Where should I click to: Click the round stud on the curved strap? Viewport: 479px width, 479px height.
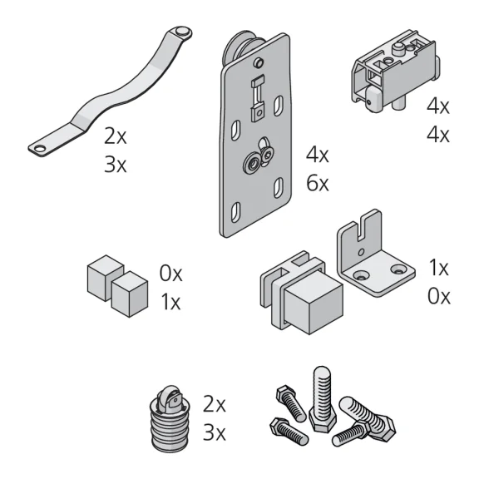click(x=182, y=32)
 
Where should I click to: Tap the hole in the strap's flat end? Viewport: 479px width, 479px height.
click(x=40, y=149)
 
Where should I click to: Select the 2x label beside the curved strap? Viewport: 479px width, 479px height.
click(x=115, y=136)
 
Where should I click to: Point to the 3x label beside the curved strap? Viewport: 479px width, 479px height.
click(x=115, y=165)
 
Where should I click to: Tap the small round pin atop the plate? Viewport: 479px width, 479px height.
click(x=259, y=62)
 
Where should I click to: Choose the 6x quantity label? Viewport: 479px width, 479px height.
click(x=318, y=183)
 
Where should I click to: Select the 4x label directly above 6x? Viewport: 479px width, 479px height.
click(x=318, y=155)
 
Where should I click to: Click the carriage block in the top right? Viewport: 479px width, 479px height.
click(x=396, y=71)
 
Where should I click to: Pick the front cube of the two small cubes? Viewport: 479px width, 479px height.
click(x=130, y=294)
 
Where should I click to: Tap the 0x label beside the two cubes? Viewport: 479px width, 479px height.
click(x=170, y=274)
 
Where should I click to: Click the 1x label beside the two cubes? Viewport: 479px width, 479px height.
click(x=170, y=302)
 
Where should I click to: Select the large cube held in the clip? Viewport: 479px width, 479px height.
click(x=314, y=303)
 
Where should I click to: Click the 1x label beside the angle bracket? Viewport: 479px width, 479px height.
click(x=439, y=268)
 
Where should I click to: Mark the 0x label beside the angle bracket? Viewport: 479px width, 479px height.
click(x=439, y=296)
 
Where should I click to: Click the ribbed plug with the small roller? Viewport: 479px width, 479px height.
click(x=170, y=418)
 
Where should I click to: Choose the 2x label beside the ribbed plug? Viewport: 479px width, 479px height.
click(x=215, y=404)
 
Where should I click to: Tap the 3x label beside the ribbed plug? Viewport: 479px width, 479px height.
click(x=215, y=433)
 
